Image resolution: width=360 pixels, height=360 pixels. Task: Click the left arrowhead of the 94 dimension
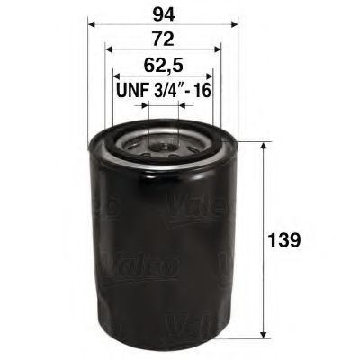(x=93, y=25)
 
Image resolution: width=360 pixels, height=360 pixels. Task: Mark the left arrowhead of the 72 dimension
(x=109, y=52)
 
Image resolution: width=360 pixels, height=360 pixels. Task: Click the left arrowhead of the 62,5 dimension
(x=116, y=78)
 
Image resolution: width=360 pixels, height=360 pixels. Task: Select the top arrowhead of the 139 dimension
(x=262, y=147)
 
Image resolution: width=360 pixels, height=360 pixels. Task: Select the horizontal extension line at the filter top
(x=252, y=141)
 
